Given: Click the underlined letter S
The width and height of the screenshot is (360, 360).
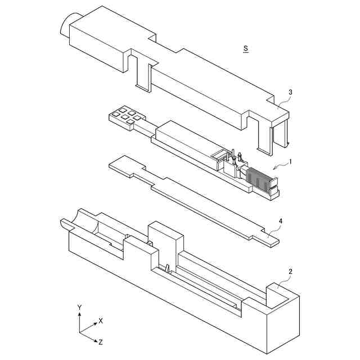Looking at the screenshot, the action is (x=246, y=49).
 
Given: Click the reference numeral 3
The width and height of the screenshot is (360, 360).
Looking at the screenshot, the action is (x=290, y=92).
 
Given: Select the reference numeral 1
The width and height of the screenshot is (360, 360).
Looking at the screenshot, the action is (x=290, y=161).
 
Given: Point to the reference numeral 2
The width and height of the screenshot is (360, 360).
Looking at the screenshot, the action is (x=290, y=272).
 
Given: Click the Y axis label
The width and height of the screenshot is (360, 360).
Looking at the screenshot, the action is (x=80, y=307).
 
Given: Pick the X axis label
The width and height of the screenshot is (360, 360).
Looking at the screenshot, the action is (x=101, y=321).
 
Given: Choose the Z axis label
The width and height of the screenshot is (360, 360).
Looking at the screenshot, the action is (x=100, y=341).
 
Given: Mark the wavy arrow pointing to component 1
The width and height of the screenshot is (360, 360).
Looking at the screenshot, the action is (x=280, y=165).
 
